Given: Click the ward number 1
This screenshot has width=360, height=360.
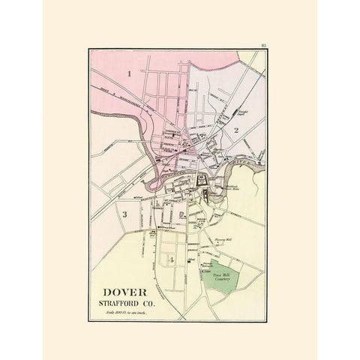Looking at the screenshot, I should pyautogui.click(x=130, y=73).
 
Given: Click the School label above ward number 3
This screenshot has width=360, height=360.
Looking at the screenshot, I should pyautogui.click(x=139, y=197).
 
